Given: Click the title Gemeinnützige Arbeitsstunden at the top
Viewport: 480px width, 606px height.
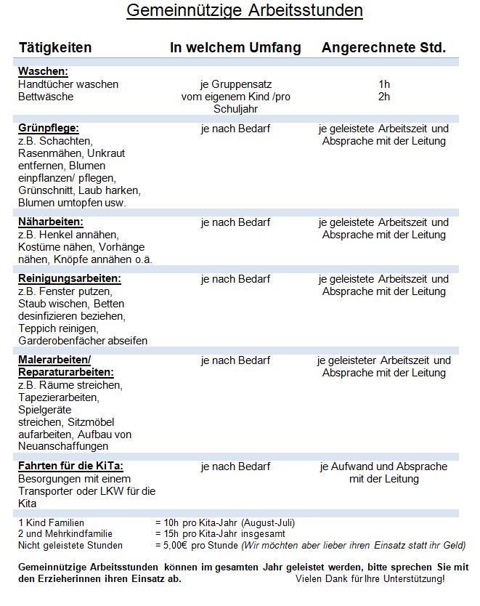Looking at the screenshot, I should [244, 11].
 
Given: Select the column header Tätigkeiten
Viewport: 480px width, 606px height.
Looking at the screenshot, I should [55, 48].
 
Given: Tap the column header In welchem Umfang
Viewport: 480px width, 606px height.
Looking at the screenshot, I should [235, 48].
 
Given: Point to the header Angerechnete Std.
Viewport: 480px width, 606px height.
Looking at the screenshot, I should [383, 48].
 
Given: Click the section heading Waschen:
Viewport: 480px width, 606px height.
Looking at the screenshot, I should [43, 71].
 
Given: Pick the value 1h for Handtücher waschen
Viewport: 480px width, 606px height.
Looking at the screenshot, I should [384, 84].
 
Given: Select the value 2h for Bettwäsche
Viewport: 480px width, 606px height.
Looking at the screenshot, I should [384, 97].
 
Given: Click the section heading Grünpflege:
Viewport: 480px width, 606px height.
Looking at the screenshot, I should [49, 128].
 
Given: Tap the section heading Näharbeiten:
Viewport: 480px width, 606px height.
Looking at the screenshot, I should [51, 222].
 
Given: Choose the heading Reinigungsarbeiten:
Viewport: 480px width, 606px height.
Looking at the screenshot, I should [70, 278].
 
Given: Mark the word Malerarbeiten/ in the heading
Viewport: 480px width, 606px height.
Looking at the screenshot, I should [54, 360].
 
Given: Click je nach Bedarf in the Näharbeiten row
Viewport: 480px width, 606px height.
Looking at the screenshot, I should [235, 222].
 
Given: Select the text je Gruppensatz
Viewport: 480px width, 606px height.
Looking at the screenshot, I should [235, 84].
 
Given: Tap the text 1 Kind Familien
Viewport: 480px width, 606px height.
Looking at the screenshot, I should [52, 522].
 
